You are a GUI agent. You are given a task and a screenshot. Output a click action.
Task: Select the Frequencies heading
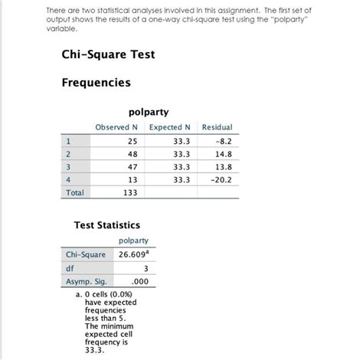(96, 83)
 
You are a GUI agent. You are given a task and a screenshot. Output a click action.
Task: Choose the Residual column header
(217, 126)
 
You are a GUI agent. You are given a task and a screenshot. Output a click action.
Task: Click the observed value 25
(131, 141)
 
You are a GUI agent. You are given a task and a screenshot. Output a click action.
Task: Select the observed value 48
(131, 153)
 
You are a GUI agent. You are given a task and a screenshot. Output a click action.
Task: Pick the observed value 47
(131, 166)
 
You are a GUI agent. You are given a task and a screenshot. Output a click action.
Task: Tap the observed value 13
(131, 179)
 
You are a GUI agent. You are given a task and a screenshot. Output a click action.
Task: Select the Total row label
(75, 193)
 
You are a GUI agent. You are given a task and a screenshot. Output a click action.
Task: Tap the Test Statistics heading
(106, 225)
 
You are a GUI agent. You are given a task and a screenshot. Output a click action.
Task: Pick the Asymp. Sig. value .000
(139, 281)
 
